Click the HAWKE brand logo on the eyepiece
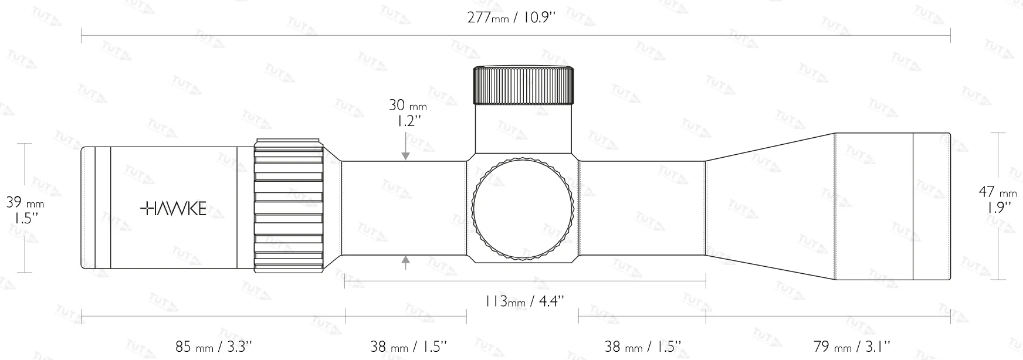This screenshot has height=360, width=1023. [174, 208]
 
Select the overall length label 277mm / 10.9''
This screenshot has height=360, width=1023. [511, 17]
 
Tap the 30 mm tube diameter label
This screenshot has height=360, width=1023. [407, 106]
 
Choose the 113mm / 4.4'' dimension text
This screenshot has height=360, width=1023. [524, 301]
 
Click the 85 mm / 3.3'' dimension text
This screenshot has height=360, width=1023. [214, 346]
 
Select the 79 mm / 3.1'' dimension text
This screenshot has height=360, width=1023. [852, 346]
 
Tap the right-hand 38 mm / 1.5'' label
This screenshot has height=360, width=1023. [642, 346]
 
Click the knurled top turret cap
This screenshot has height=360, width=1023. [523, 86]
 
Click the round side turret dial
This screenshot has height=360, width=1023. [523, 208]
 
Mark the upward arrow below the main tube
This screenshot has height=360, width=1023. [405, 262]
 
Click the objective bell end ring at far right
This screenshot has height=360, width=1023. [931, 206]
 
